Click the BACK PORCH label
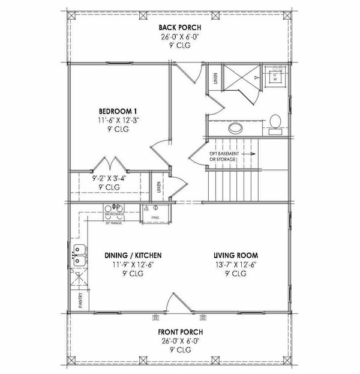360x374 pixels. pos(179,28)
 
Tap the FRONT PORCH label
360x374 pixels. pos(180,331)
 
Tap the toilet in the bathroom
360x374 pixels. pos(276,121)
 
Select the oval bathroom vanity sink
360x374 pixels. pos(235,128)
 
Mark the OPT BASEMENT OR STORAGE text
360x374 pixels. pos(222,157)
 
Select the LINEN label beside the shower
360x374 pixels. pos(215,79)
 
